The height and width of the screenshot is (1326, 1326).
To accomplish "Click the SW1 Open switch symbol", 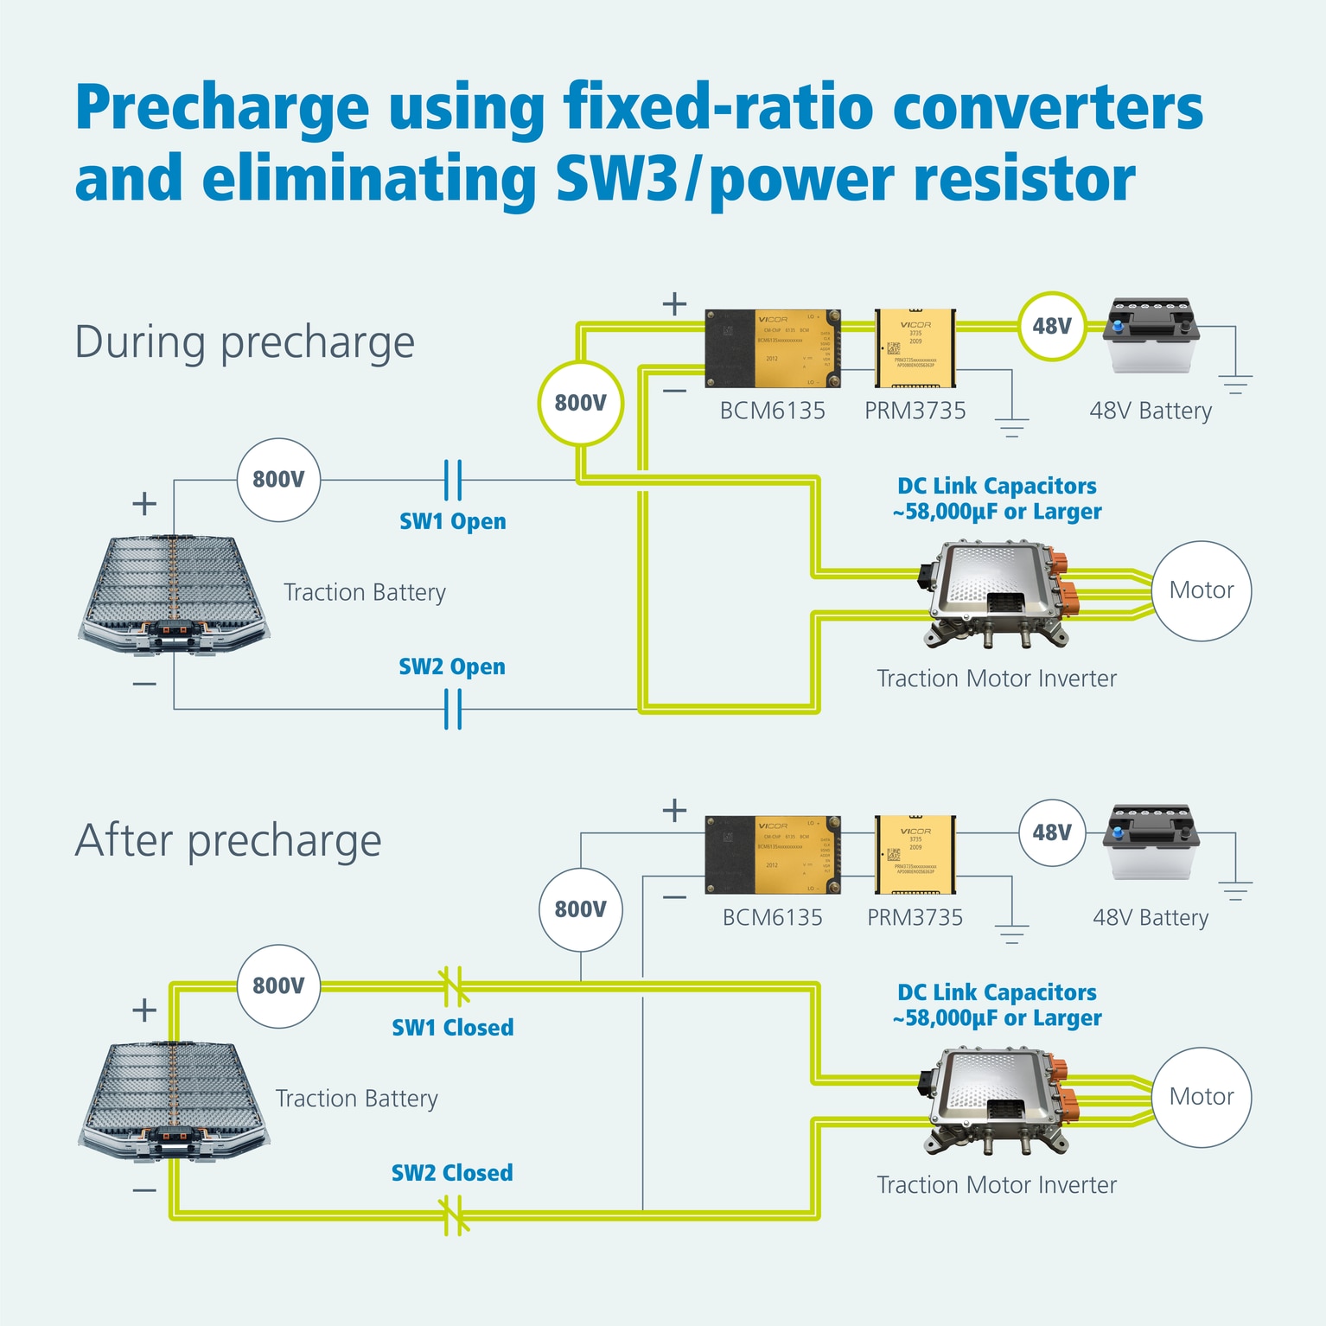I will coord(452,480).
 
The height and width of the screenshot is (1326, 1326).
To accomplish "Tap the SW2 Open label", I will coord(452,666).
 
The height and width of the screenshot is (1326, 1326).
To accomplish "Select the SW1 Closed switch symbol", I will coord(452,986).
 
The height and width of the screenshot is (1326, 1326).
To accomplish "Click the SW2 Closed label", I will coord(452,1173).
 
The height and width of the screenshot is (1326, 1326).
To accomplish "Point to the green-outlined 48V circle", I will coord(1051,326).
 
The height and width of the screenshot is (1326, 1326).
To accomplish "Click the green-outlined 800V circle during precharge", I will coord(580,403).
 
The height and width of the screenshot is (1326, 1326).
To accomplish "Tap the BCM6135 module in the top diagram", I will coord(773,348).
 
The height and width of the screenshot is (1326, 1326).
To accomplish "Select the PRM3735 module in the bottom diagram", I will coord(915,854).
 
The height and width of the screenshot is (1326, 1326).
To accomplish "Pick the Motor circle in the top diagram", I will coord(1201,590).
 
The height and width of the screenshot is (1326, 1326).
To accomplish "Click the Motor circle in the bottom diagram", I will coord(1201,1097).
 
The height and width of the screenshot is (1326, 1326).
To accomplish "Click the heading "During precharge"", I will coord(245,342).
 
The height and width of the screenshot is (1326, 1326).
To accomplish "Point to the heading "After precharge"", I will coord(228,840).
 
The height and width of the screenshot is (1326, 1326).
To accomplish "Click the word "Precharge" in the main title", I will coord(222,108).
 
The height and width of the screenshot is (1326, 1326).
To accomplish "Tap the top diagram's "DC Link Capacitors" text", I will coord(997,486).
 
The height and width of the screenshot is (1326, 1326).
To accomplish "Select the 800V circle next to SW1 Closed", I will coord(278,986).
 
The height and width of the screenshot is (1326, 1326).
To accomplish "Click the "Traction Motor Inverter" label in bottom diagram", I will coord(997,1185).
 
